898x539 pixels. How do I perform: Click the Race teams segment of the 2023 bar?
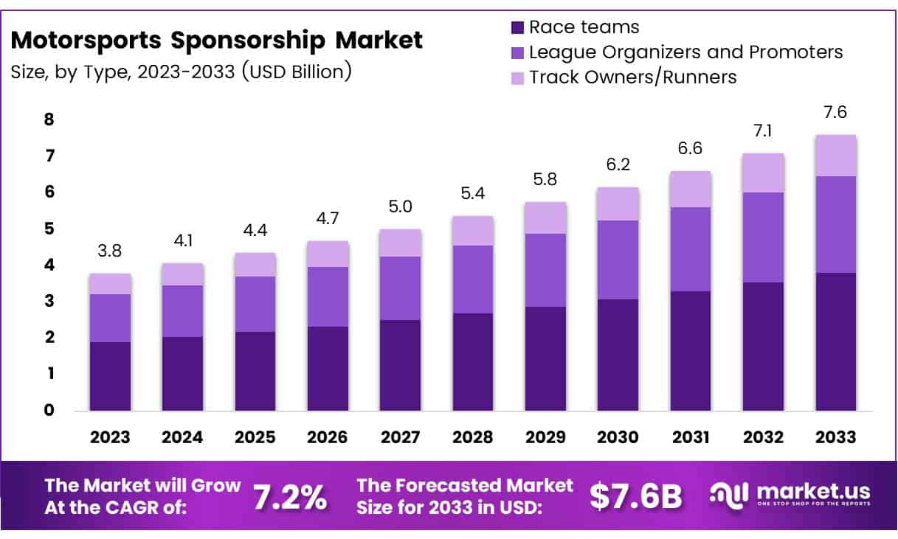pyautogui.click(x=110, y=376)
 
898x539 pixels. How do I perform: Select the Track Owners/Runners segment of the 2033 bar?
pyautogui.click(x=836, y=156)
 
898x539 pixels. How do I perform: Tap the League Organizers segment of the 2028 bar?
pyautogui.click(x=473, y=279)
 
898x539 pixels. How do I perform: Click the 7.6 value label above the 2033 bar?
pyautogui.click(x=836, y=114)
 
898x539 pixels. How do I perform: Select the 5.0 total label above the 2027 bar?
pyautogui.click(x=401, y=208)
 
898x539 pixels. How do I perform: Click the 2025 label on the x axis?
pyautogui.click(x=255, y=437)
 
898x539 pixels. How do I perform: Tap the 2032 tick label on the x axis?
pyautogui.click(x=763, y=437)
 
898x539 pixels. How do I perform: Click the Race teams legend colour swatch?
pyautogui.click(x=517, y=28)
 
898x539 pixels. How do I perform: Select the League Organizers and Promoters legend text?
pyautogui.click(x=686, y=52)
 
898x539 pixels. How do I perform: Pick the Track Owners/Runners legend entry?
pyautogui.click(x=633, y=77)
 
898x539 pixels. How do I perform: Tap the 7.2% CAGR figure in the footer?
pyautogui.click(x=290, y=498)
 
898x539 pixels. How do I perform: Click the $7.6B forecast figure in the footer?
pyautogui.click(x=636, y=498)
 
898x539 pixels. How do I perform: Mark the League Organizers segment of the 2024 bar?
pyautogui.click(x=183, y=310)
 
